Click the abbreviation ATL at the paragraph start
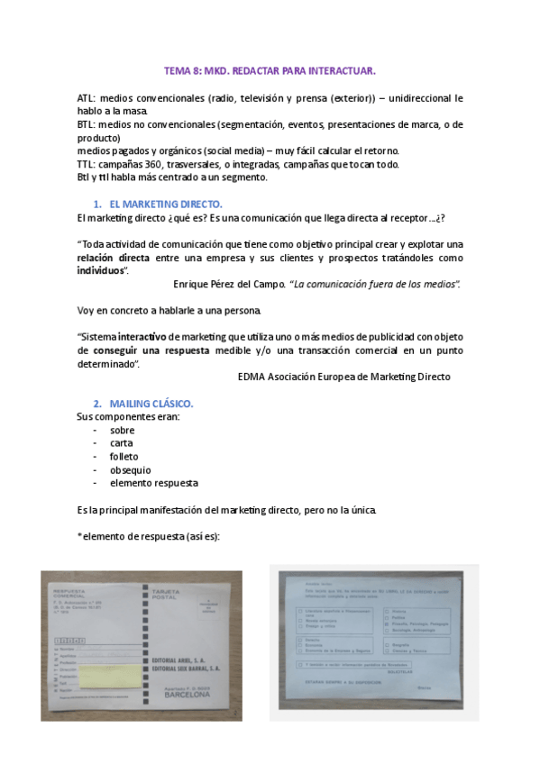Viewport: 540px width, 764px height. pos(86,97)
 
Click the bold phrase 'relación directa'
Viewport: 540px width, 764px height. pos(113,258)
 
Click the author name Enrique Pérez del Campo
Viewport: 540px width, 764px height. pos(228,285)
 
